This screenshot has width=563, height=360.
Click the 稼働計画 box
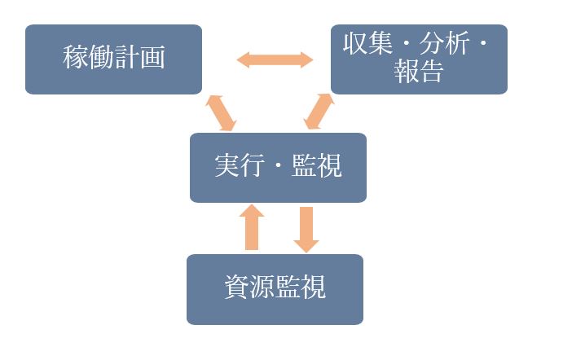tap(113, 59)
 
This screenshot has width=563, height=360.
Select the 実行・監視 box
tap(278, 167)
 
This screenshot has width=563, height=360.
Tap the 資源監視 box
tap(275, 289)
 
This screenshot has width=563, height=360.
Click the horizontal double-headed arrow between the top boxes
tap(275, 59)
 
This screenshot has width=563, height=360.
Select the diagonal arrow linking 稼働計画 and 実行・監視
tap(220, 112)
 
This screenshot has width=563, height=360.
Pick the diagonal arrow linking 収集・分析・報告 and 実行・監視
tap(319, 112)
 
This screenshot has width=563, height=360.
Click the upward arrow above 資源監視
tap(253, 226)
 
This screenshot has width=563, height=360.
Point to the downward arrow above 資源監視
tap(306, 229)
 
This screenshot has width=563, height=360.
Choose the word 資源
tap(249, 289)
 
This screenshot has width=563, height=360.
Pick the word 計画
tap(139, 59)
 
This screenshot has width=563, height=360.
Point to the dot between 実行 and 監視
tap(278, 168)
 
